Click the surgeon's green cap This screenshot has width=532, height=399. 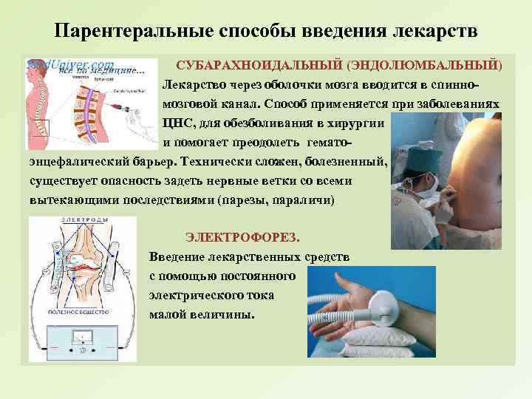(418, 157)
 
